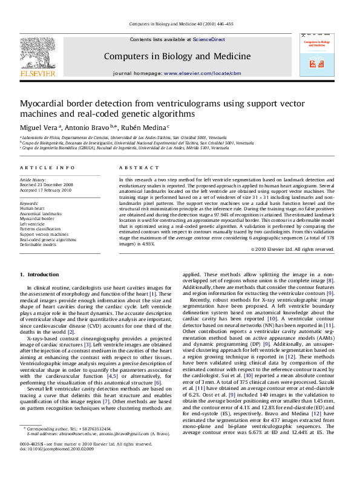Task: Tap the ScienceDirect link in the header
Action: [x=209, y=39]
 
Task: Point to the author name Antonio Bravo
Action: [x=88, y=128]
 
